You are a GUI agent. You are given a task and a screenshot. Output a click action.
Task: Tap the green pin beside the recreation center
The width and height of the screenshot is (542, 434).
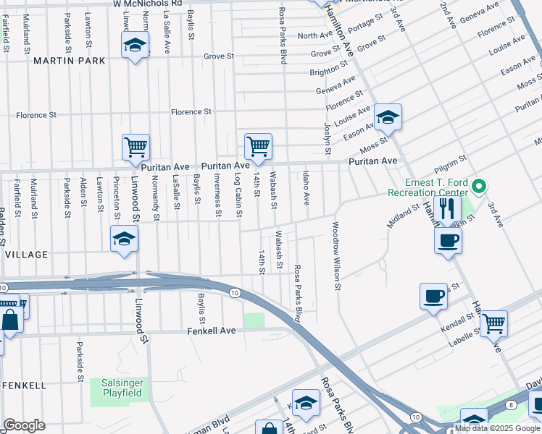[x=478, y=187]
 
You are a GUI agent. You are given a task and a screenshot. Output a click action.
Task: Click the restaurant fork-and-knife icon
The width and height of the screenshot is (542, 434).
[x=447, y=208]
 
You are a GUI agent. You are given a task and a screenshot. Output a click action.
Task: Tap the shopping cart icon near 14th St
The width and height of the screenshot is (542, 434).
[x=258, y=146]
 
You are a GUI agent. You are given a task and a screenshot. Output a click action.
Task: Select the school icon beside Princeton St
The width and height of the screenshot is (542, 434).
[x=124, y=239]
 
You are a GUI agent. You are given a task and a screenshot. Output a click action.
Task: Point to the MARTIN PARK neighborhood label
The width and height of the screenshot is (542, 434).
[x=69, y=61]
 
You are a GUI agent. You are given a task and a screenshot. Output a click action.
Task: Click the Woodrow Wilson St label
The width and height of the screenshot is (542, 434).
[x=336, y=256]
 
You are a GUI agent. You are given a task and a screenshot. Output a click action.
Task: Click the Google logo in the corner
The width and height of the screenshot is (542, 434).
[x=24, y=425]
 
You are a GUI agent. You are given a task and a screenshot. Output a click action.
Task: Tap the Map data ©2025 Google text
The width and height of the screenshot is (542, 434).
[x=497, y=428]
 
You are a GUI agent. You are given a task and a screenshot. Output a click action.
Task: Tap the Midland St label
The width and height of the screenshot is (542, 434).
[x=403, y=216]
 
